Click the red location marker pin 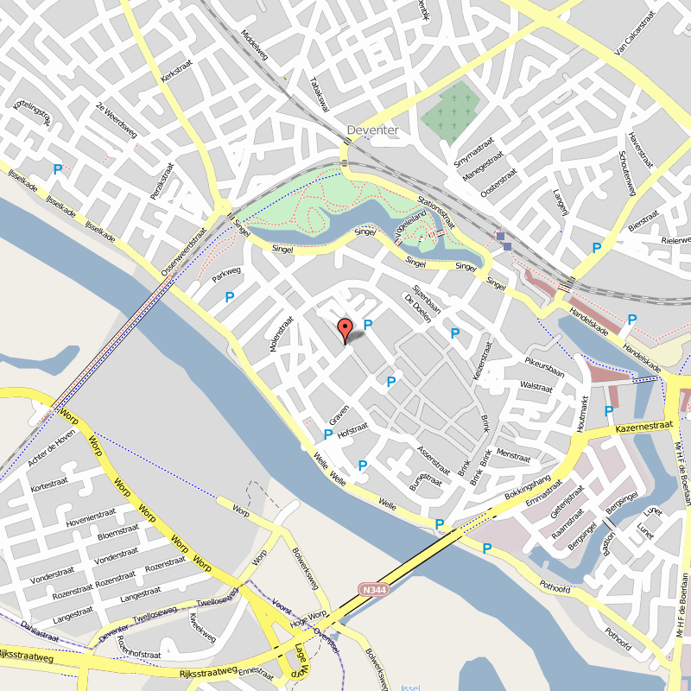345,329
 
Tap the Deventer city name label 372,130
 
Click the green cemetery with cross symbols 450,111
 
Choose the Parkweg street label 226,274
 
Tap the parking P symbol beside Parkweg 230,297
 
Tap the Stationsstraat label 435,212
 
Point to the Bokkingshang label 527,488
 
